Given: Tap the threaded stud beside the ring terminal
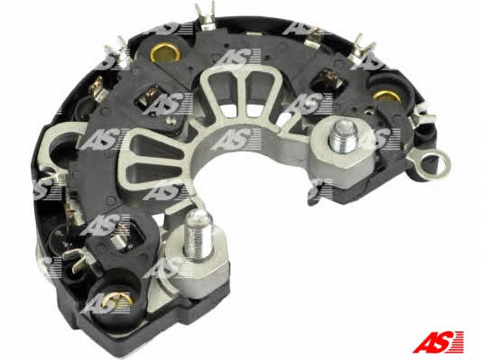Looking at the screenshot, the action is (343, 135).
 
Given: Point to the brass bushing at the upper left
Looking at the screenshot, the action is (165, 52).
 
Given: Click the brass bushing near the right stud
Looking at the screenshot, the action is (386, 96).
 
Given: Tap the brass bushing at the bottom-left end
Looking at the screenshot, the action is (118, 300).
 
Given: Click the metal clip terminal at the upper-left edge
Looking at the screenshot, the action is (116, 52).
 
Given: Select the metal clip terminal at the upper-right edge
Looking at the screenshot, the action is (364, 49).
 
